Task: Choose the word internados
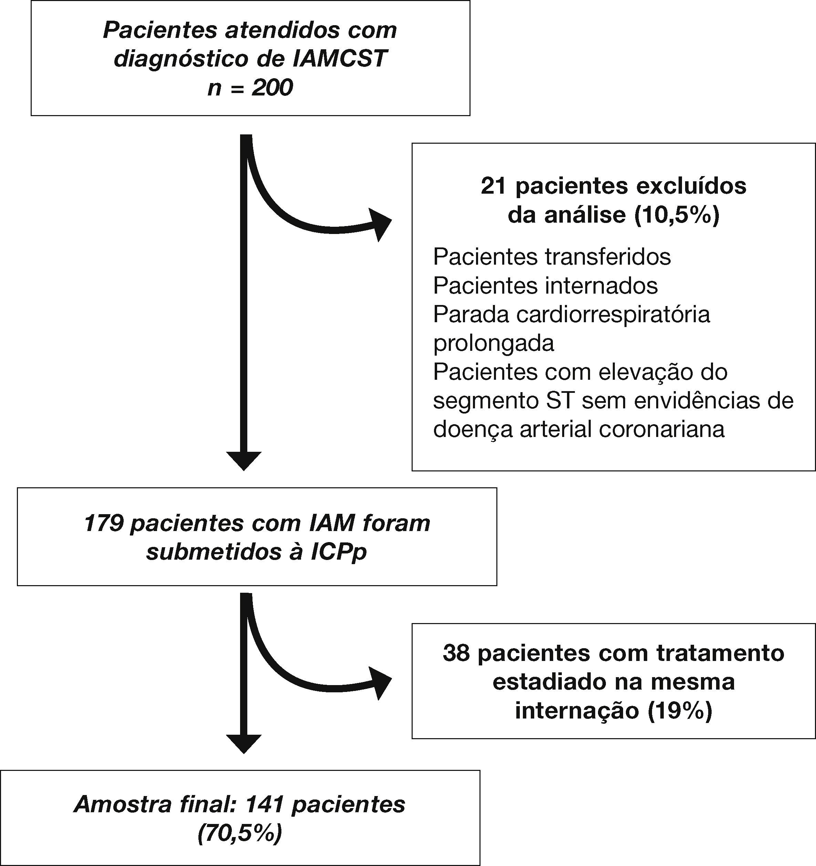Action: [601, 286]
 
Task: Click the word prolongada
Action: [493, 344]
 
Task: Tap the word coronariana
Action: [661, 429]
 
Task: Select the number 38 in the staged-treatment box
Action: [456, 653]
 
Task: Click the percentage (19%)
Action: [679, 711]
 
